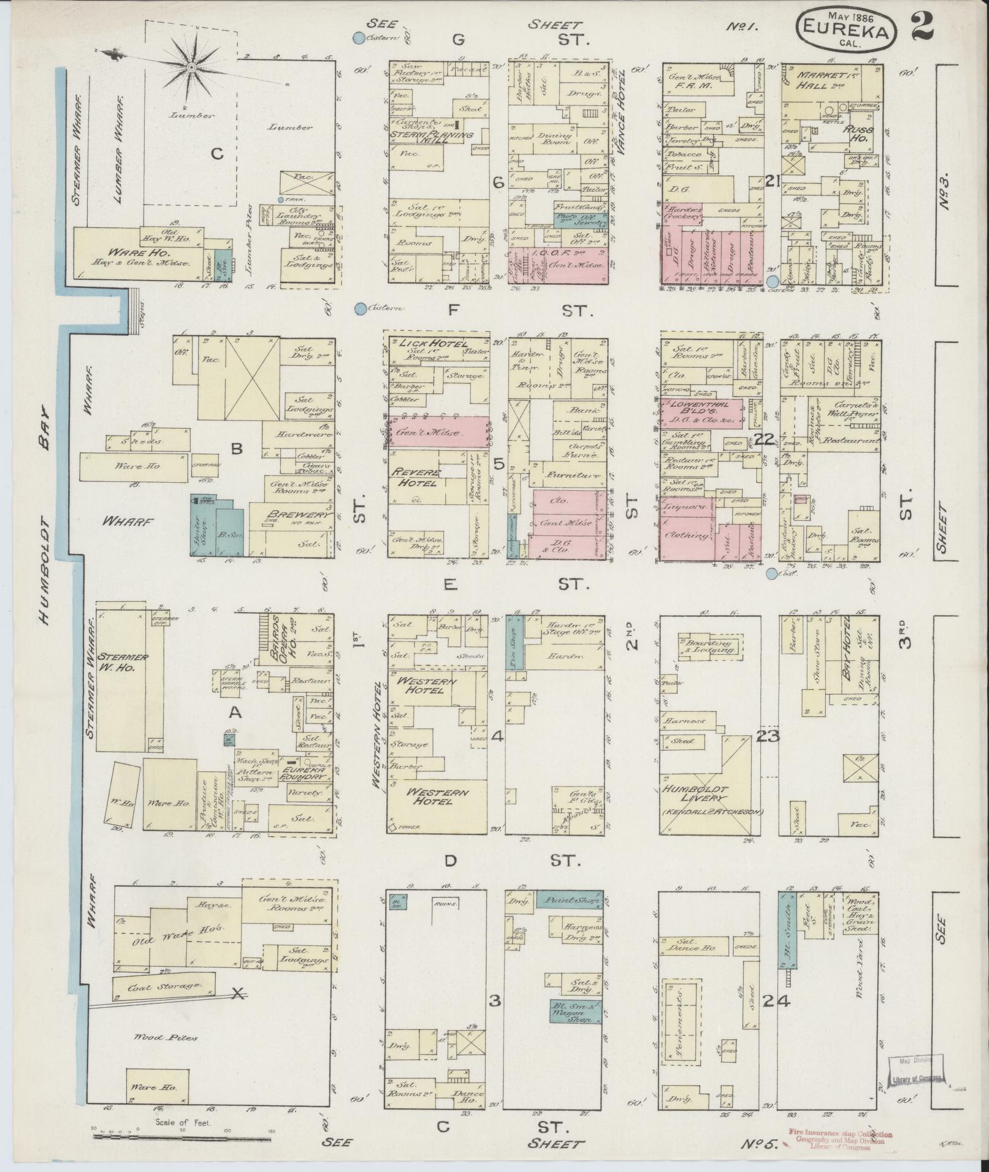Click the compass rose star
pos(191,66)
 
